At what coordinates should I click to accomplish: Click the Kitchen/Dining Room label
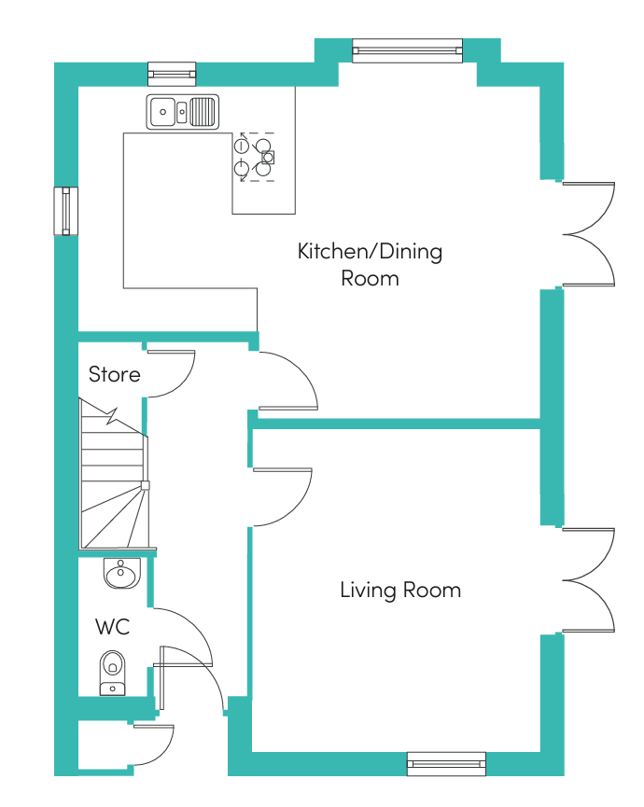tap(370, 265)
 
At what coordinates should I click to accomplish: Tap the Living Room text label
tap(400, 590)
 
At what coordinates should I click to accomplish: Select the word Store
tap(114, 374)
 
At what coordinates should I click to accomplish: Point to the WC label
tap(112, 627)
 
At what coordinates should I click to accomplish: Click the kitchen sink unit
tap(183, 112)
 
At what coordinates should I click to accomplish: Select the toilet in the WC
tap(112, 673)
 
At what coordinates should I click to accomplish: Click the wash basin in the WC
tap(122, 573)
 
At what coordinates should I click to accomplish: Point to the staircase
tap(114, 474)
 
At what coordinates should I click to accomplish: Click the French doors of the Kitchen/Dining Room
tap(589, 234)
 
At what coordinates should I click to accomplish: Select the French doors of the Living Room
tap(589, 580)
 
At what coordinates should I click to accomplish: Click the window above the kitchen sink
tap(172, 74)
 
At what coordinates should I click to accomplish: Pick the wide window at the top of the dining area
tap(407, 50)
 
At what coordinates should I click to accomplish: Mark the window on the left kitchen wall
tap(66, 211)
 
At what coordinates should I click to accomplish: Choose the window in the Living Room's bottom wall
tap(446, 764)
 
